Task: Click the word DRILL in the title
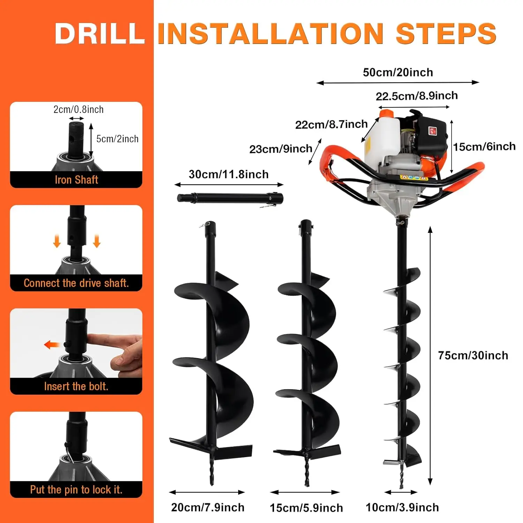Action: [100, 33]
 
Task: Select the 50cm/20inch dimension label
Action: [398, 73]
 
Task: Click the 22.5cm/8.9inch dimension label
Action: [416, 96]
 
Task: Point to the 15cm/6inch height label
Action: [484, 146]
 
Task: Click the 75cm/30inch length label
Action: [473, 355]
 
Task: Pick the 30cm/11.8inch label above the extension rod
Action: [229, 174]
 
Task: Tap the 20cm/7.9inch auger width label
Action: [208, 507]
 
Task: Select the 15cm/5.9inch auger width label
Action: [306, 508]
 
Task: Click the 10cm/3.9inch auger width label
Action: [402, 507]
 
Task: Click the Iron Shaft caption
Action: [76, 180]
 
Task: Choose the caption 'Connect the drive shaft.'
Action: [76, 283]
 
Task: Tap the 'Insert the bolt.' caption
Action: [76, 386]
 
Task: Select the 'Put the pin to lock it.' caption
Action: [76, 490]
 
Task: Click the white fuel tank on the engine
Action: [382, 136]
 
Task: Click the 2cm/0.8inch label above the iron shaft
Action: [78, 109]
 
